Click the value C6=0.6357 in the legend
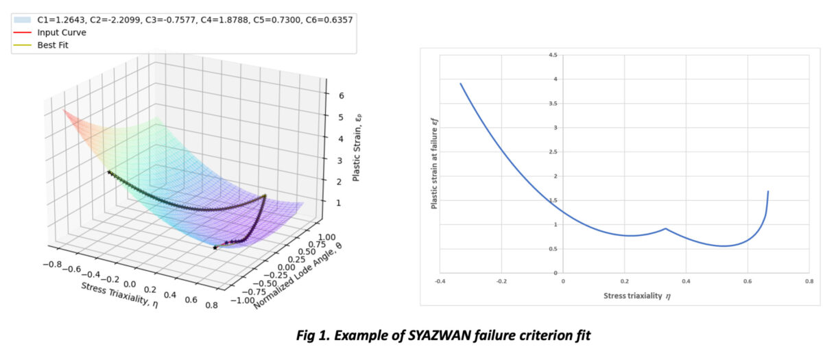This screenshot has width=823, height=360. (325, 20)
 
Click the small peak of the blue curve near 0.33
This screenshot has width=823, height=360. (665, 228)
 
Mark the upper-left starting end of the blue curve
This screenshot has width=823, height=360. (460, 84)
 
